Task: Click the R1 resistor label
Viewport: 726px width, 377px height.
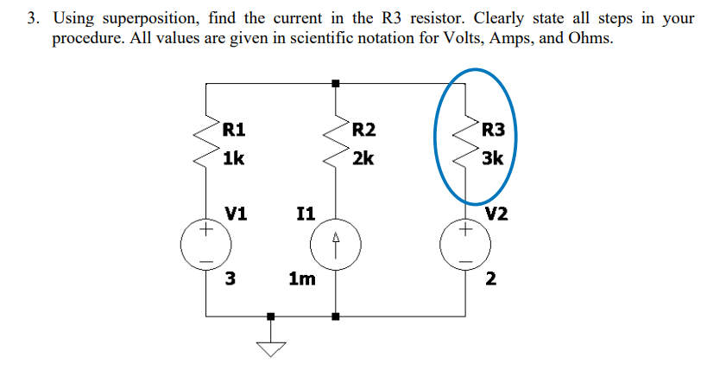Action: pos(233,131)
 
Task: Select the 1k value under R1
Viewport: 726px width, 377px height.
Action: pos(233,158)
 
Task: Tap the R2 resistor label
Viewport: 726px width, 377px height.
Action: pos(363,131)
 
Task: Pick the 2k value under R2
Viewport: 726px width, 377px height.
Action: pos(363,158)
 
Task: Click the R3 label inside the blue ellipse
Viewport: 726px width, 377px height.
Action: pos(494,131)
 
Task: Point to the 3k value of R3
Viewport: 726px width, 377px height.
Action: pos(493,158)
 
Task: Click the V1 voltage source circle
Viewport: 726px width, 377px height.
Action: pos(205,246)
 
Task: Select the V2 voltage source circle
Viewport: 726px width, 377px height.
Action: pos(467,246)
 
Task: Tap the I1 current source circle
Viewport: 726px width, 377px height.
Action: pos(337,246)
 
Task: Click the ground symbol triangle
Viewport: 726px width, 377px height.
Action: pos(272,348)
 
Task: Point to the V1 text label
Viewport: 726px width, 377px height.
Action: pos(235,213)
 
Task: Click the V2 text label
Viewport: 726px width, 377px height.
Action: pos(496,213)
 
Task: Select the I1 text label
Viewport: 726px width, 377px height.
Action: pos(305,213)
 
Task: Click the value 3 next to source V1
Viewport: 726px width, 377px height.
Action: pos(230,278)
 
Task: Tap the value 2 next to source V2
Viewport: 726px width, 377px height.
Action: pos(491,278)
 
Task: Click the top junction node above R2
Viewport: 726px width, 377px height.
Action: pos(337,83)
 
